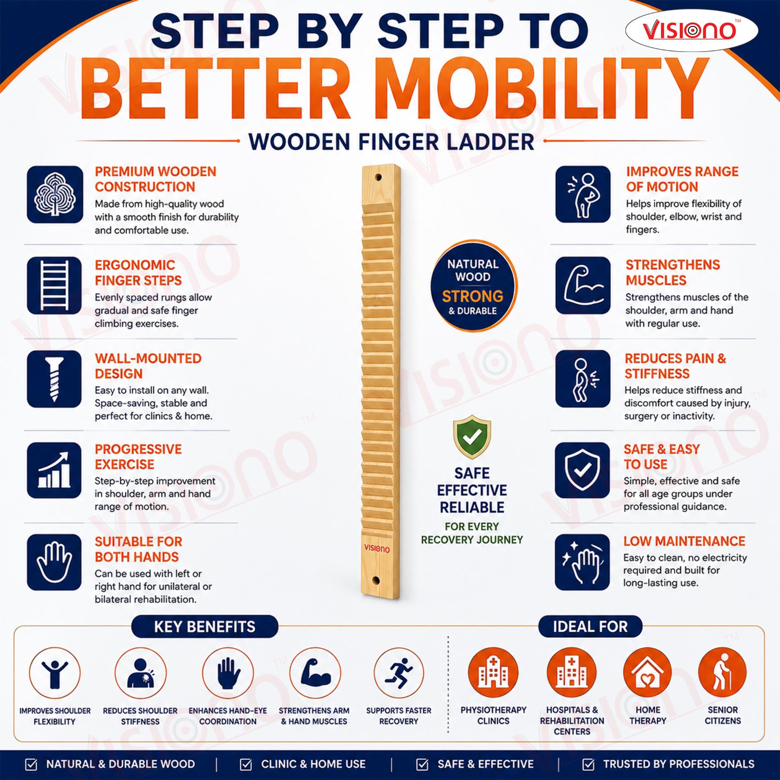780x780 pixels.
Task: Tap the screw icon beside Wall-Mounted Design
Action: pyautogui.click(x=55, y=379)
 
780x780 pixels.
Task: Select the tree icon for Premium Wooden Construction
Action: pyautogui.click(x=55, y=194)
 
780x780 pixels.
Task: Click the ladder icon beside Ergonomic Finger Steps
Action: pyautogui.click(x=55, y=285)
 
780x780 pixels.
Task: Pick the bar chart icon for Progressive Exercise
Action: pyautogui.click(x=55, y=470)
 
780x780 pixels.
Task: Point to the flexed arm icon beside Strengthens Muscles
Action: pyautogui.click(x=583, y=285)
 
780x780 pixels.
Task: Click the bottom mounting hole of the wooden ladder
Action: pyautogui.click(x=376, y=580)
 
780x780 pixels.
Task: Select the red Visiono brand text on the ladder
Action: pyautogui.click(x=377, y=549)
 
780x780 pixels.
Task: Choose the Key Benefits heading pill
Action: pyautogui.click(x=205, y=627)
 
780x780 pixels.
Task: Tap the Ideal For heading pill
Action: pyautogui.click(x=590, y=627)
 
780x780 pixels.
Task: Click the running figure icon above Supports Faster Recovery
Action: pyautogui.click(x=399, y=673)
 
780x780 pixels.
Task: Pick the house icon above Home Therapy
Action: pyautogui.click(x=648, y=673)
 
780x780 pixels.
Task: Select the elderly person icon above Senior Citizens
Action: pyautogui.click(x=722, y=673)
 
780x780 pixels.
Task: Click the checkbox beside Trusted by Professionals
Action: pyautogui.click(x=588, y=764)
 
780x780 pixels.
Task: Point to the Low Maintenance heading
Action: pyautogui.click(x=684, y=541)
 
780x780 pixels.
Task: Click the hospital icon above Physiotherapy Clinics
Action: pyautogui.click(x=493, y=673)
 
